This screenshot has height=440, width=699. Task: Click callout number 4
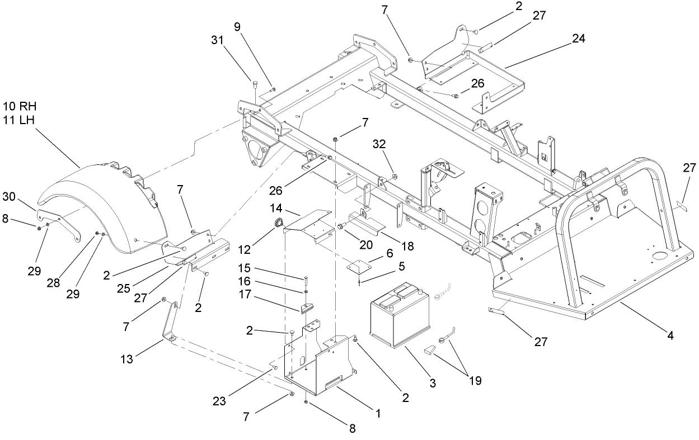(670, 335)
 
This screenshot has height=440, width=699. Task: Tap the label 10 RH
(19, 106)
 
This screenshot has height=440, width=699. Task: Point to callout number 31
(219, 40)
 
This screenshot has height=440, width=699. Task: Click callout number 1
(378, 414)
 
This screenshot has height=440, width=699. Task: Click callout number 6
(389, 253)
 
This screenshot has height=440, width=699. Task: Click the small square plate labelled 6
(358, 265)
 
